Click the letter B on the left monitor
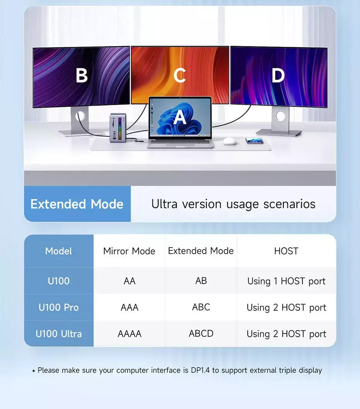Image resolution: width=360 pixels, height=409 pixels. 82,75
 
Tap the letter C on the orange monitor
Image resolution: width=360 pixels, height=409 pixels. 180,75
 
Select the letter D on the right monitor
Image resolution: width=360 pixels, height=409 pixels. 278,75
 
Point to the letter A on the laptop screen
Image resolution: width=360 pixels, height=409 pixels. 180,117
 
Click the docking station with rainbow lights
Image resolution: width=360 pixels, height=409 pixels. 118,128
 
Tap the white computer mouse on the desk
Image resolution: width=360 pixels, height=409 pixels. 230,141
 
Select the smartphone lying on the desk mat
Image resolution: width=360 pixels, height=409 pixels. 254,141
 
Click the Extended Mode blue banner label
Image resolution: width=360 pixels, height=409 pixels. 77,204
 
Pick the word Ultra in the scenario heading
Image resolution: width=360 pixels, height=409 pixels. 165,204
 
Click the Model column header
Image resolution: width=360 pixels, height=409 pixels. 58,251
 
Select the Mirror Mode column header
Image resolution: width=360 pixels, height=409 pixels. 129,251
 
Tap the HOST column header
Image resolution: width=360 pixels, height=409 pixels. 286,251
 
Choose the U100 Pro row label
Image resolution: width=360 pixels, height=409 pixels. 58,307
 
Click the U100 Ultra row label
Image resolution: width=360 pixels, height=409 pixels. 58,334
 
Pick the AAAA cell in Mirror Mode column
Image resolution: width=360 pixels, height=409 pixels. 129,334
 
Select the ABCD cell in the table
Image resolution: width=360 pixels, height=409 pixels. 201,334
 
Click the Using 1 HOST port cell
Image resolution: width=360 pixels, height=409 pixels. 286,281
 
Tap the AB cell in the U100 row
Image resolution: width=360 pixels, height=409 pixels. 201,281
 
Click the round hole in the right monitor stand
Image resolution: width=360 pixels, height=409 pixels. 280,116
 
